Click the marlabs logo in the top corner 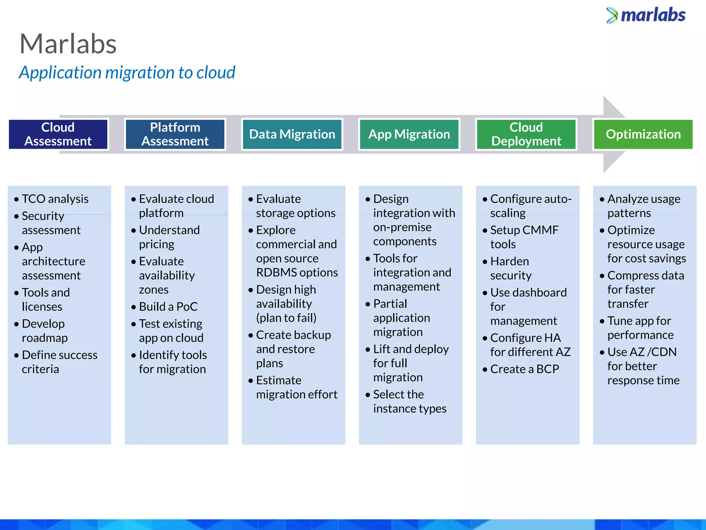click(x=646, y=16)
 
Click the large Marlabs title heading click(x=68, y=44)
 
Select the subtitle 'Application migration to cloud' click(x=127, y=73)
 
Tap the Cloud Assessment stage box click(x=58, y=134)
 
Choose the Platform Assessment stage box click(x=175, y=134)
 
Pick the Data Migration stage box click(x=292, y=134)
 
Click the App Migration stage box click(x=409, y=134)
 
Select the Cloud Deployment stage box click(x=526, y=134)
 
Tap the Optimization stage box click(x=643, y=134)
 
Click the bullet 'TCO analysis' click(x=55, y=199)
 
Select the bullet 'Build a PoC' click(x=168, y=307)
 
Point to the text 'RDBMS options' click(x=297, y=273)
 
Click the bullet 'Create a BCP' click(x=524, y=369)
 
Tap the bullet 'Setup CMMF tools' click(x=524, y=237)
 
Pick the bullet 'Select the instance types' click(x=410, y=401)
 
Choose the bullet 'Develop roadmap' click(x=44, y=331)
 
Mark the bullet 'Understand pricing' click(x=169, y=237)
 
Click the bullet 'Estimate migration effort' click(x=296, y=387)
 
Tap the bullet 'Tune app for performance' click(x=640, y=328)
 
